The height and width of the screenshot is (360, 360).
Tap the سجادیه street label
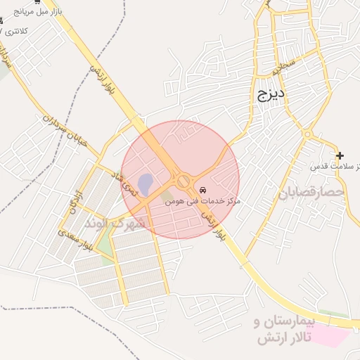[x=285, y=68]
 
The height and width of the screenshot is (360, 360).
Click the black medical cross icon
[x=340, y=155]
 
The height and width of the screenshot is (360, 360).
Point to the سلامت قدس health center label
[x=336, y=167]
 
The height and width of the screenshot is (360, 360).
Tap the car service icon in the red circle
[x=203, y=191]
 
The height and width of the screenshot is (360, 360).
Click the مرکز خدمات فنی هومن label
[x=203, y=201]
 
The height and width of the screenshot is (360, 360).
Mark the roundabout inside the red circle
[x=185, y=181]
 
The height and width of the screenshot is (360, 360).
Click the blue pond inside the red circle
[x=145, y=185]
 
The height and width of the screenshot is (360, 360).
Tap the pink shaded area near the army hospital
[x=329, y=335]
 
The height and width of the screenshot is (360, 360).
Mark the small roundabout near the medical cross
[x=307, y=134]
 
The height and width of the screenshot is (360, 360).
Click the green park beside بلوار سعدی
[x=104, y=243]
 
